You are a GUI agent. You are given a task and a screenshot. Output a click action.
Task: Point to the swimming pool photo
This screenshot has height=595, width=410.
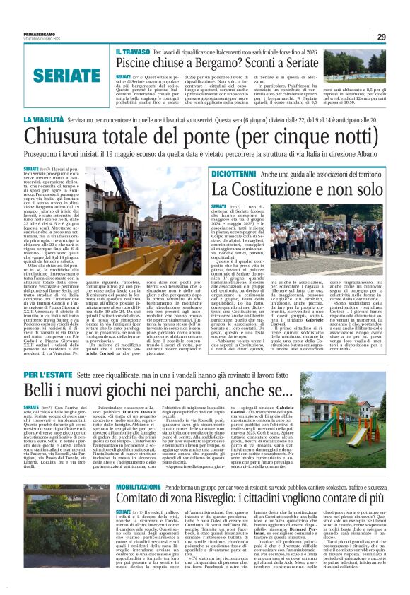click(x=365, y=64)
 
